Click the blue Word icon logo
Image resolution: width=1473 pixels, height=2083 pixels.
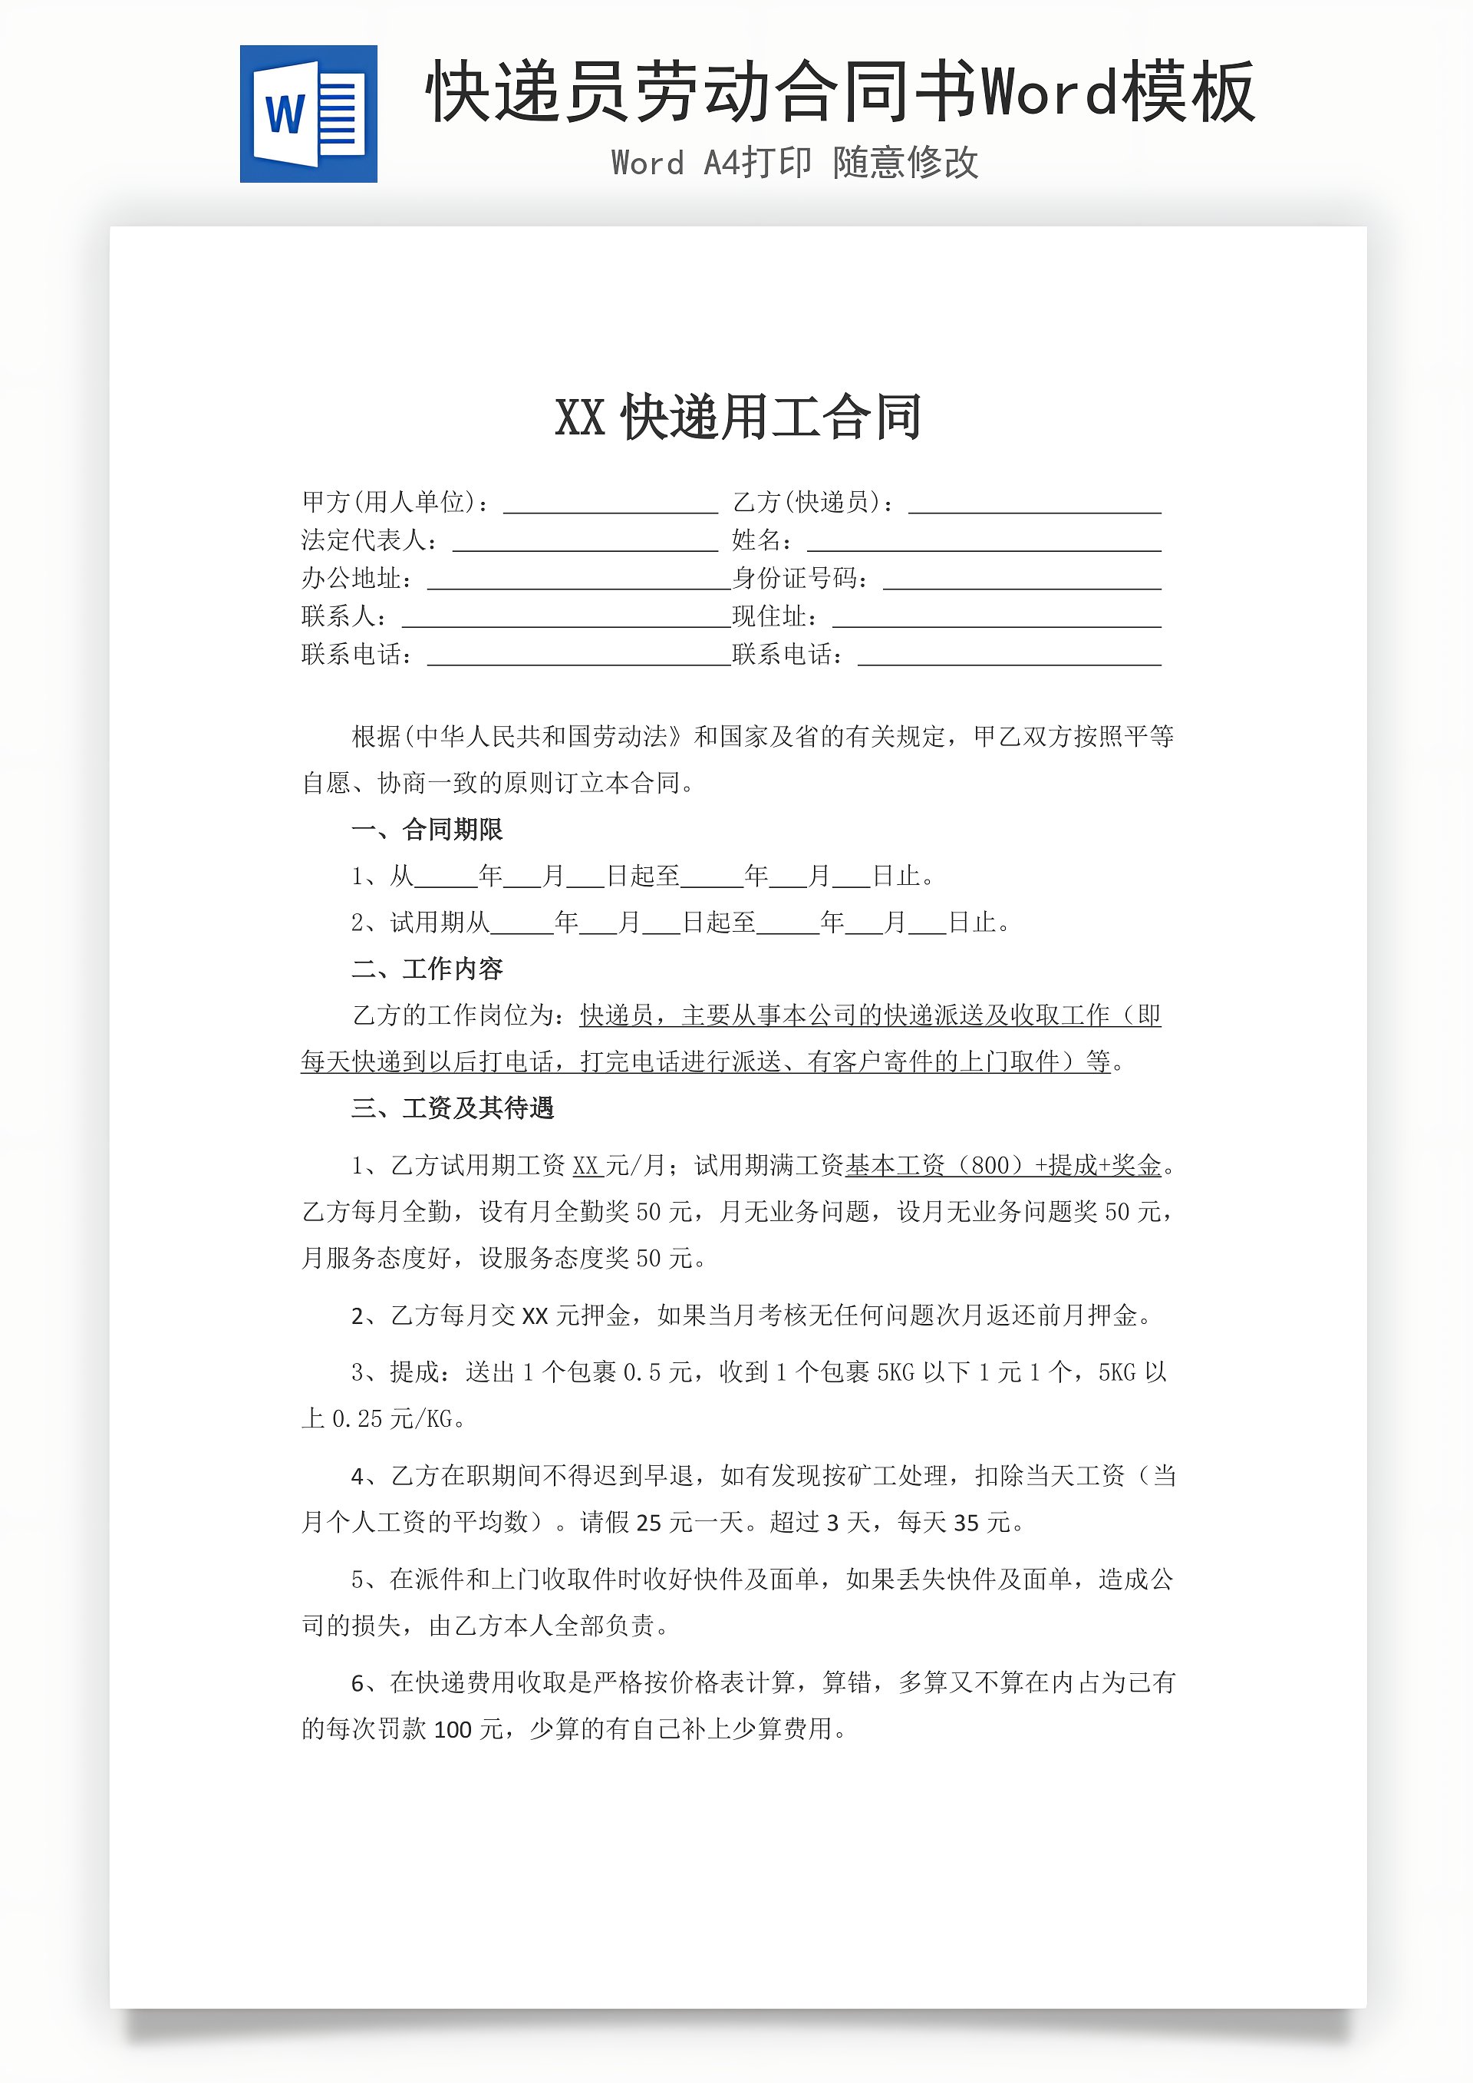pyautogui.click(x=308, y=114)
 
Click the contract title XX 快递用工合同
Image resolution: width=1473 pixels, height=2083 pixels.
pyautogui.click(x=737, y=418)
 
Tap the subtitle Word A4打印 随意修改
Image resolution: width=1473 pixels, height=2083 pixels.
pyautogui.click(x=795, y=163)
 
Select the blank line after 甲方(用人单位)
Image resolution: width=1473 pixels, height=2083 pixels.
pyautogui.click(x=611, y=504)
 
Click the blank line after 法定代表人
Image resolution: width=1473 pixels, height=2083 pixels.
pyautogui.click(x=585, y=543)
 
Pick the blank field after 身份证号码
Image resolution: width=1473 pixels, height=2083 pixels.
pyautogui.click(x=1021, y=581)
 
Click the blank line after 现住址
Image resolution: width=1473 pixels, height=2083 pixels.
pyautogui.click(x=996, y=619)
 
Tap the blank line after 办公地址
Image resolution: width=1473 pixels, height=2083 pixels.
pyautogui.click(x=578, y=581)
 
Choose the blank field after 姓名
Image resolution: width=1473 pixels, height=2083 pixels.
pyautogui.click(x=984, y=543)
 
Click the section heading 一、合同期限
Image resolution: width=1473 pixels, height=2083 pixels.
pyautogui.click(x=427, y=829)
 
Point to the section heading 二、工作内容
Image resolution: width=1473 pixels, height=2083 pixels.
pyautogui.click(x=427, y=969)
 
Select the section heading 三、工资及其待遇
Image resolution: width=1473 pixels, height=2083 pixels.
pyautogui.click(x=452, y=1108)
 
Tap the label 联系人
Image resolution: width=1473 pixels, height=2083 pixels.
pyautogui.click(x=343, y=617)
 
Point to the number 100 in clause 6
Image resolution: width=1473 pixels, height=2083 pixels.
pyautogui.click(x=453, y=1729)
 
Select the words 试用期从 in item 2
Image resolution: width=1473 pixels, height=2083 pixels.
pyautogui.click(x=439, y=923)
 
